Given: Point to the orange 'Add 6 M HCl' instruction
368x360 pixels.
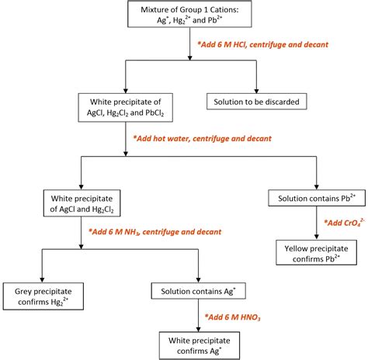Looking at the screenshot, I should coord(262,45).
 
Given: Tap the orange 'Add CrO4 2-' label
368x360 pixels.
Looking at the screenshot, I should coord(342,223).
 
